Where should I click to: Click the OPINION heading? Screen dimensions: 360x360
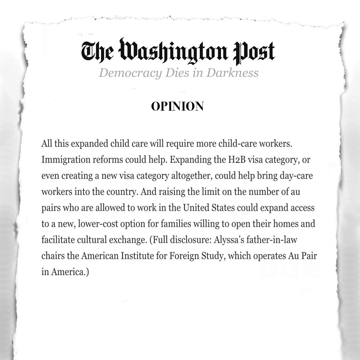click(x=177, y=107)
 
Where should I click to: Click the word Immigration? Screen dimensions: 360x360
click(x=63, y=160)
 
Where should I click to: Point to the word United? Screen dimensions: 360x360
click(x=196, y=208)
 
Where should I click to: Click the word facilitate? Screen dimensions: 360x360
click(x=57, y=240)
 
